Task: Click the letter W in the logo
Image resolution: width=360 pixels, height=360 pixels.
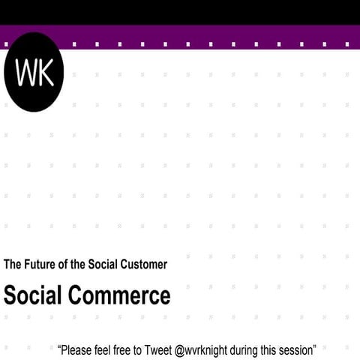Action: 25,72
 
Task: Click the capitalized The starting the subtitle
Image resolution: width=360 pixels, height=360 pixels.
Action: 12,264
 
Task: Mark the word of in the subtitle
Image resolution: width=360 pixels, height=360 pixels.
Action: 64,264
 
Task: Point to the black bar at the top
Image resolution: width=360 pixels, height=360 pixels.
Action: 180,12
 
